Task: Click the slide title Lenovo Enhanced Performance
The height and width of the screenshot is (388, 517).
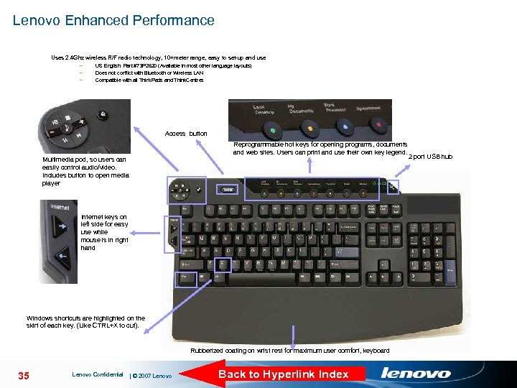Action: coord(113,20)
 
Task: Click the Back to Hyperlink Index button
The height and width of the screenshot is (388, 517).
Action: coord(283,374)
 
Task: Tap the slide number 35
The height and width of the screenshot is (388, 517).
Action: coord(24,374)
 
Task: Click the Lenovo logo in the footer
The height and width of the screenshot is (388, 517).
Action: coord(416,374)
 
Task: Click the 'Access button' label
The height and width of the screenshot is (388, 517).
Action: coord(186,134)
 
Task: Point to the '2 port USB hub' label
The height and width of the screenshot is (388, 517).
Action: coord(431,156)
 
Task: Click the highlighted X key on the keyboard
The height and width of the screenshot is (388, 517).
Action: coord(223,264)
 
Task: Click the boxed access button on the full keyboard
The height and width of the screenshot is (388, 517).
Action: coord(228,190)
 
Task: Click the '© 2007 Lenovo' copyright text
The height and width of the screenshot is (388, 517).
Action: coord(152,376)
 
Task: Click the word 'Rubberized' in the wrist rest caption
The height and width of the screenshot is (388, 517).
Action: coord(208,351)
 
